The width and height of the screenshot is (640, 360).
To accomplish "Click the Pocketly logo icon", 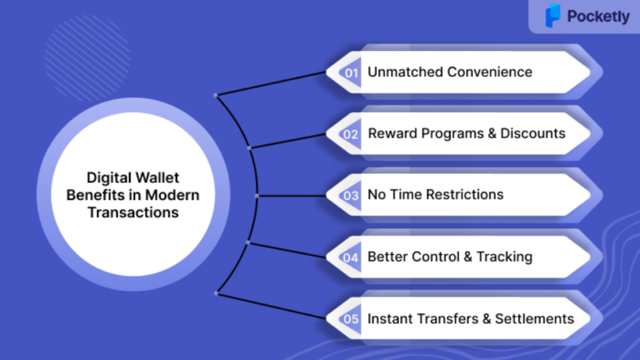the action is pyautogui.click(x=553, y=16).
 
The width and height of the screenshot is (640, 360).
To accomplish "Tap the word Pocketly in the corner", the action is pyautogui.click(x=598, y=16).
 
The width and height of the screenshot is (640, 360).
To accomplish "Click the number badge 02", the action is pyautogui.click(x=350, y=134).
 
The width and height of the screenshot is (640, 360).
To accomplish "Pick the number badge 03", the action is pyautogui.click(x=350, y=196).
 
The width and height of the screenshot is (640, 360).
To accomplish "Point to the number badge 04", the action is pyautogui.click(x=350, y=257).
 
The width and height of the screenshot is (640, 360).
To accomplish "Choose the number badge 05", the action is pyautogui.click(x=350, y=319).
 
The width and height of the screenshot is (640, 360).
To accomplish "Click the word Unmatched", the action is pyautogui.click(x=405, y=72).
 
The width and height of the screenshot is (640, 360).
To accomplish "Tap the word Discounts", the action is pyautogui.click(x=532, y=134).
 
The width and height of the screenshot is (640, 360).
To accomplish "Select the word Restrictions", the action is pyautogui.click(x=464, y=194).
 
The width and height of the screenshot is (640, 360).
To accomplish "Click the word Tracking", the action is pyautogui.click(x=504, y=257).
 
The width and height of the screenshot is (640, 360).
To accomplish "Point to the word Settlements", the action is pyautogui.click(x=535, y=319).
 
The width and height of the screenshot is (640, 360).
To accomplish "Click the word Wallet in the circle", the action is pyautogui.click(x=157, y=177).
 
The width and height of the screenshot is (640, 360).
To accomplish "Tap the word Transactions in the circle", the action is pyautogui.click(x=133, y=212).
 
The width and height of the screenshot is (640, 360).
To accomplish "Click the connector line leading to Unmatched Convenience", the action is pyautogui.click(x=271, y=84).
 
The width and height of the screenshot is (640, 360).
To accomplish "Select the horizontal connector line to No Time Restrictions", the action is pyautogui.click(x=291, y=196).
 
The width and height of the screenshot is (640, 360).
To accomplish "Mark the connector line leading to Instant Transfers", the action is pyautogui.click(x=271, y=306).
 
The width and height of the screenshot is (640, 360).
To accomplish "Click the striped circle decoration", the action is pyautogui.click(x=87, y=58).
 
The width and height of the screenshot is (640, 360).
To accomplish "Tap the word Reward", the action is pyautogui.click(x=392, y=134).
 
